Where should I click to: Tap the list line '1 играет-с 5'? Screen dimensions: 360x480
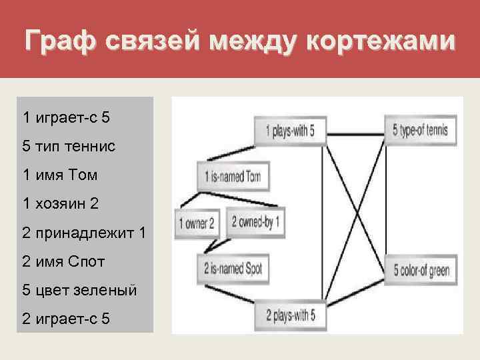[66, 117]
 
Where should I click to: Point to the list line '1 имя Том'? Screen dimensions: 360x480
[60, 175]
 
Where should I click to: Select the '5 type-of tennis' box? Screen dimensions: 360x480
[420, 131]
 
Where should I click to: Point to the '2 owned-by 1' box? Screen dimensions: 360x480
[255, 222]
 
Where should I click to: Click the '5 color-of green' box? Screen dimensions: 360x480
[421, 271]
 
